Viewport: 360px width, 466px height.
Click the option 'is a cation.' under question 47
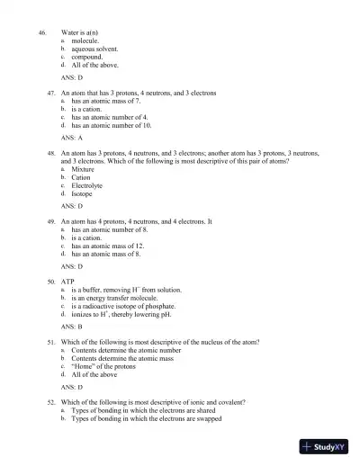pos(90,109)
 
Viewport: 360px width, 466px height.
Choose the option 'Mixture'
pos(83,169)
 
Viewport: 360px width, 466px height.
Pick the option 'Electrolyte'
pos(87,185)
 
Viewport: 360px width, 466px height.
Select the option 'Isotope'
pos(82,193)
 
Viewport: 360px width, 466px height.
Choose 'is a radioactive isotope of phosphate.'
pos(126,306)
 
